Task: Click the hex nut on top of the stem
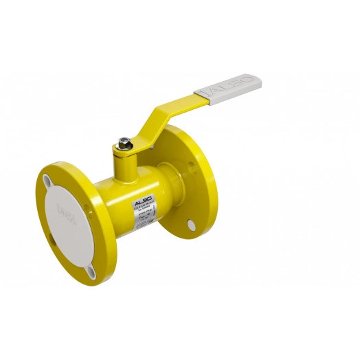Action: pos(124,144)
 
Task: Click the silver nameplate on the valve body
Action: pos(144,214)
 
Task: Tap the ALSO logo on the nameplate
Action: pos(142,200)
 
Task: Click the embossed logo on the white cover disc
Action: pos(67,209)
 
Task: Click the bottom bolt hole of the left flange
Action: pos(91,272)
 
